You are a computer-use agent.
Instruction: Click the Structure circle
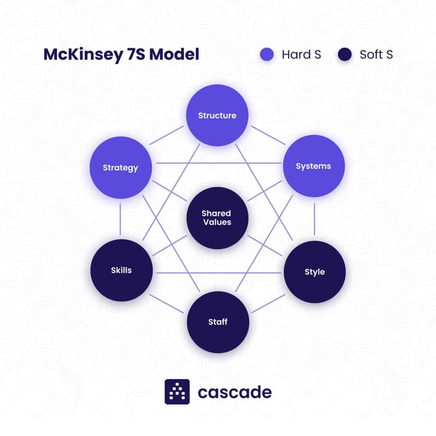tap(217, 115)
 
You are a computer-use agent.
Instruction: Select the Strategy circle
tap(121, 167)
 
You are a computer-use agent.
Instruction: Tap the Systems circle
tap(313, 166)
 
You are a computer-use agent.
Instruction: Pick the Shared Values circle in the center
tap(217, 218)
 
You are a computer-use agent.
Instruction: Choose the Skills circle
tap(121, 270)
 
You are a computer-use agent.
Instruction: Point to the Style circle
tap(315, 272)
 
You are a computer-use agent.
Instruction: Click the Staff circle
tap(217, 322)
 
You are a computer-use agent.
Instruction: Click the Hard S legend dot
tap(267, 54)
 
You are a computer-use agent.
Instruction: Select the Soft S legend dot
tap(345, 54)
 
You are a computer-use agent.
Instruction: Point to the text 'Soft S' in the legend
tap(376, 54)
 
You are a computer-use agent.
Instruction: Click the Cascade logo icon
tap(177, 392)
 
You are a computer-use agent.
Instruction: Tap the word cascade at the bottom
tap(234, 392)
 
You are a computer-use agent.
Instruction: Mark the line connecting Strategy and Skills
tap(121, 219)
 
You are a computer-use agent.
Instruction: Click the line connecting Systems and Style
tap(314, 219)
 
